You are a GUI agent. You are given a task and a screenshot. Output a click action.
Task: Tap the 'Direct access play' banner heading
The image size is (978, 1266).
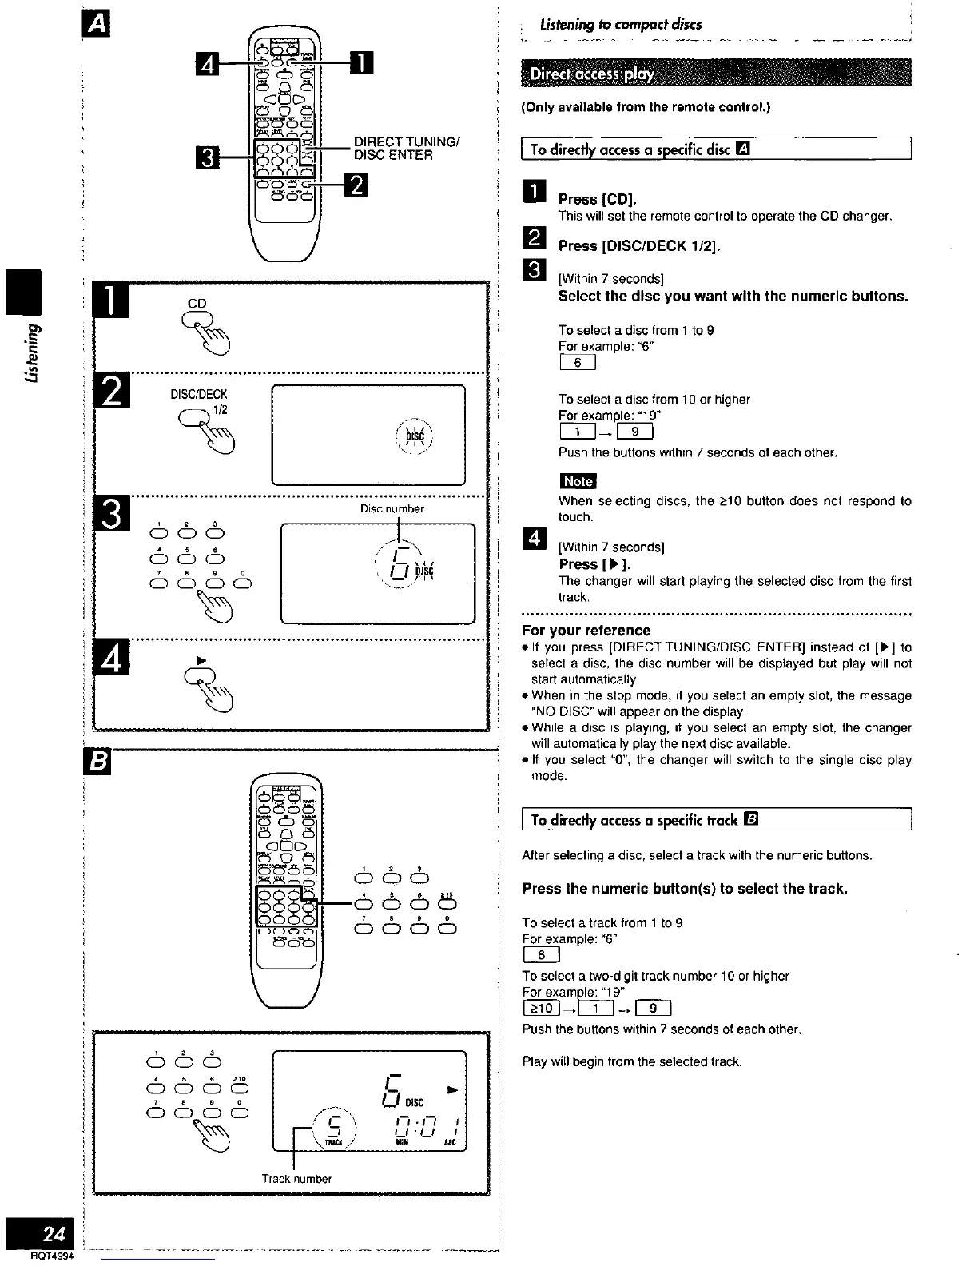pos(592,74)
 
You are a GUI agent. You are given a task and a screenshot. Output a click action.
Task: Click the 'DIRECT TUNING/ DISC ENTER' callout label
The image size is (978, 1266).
pos(405,149)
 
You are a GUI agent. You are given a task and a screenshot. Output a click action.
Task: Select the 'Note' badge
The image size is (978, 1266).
pos(578,480)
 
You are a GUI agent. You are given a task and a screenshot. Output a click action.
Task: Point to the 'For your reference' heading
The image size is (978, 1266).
pos(586,630)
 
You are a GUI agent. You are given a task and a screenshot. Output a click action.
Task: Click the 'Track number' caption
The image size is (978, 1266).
pos(296,1178)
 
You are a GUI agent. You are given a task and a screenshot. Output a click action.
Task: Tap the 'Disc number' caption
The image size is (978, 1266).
pos(392,508)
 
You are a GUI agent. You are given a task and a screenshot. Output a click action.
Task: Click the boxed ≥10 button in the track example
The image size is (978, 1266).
pos(541,1007)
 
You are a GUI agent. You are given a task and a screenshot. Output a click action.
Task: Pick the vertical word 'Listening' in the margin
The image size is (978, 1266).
pos(32,352)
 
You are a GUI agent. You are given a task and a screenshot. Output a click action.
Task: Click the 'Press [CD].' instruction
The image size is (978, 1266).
pos(597,199)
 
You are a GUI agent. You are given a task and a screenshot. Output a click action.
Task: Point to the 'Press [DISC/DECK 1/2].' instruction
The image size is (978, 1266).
pos(638,245)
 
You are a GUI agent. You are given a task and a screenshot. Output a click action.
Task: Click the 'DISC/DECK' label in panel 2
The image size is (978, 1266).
pos(198,394)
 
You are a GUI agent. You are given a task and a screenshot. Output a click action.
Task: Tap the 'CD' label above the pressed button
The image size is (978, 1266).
pos(197,303)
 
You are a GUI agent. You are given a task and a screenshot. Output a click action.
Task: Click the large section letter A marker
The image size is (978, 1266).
pos(96,26)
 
